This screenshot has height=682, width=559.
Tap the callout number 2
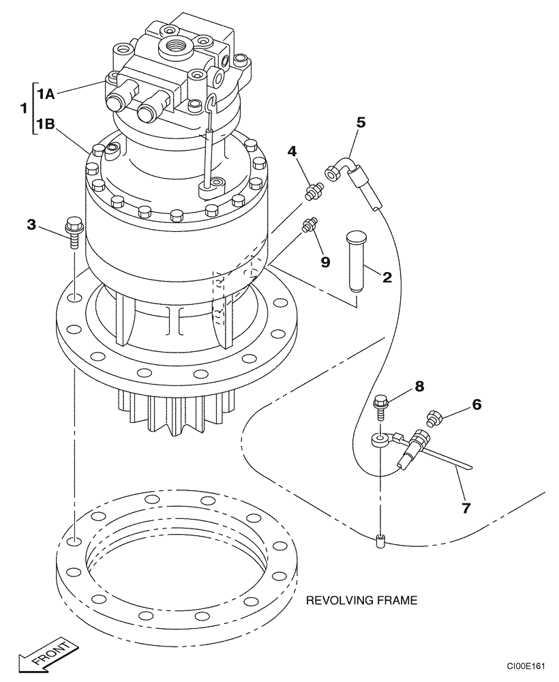(387, 276)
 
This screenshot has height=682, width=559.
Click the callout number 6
(476, 404)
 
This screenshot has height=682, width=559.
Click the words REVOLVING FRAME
(361, 601)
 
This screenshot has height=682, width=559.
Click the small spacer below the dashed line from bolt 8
(380, 542)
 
